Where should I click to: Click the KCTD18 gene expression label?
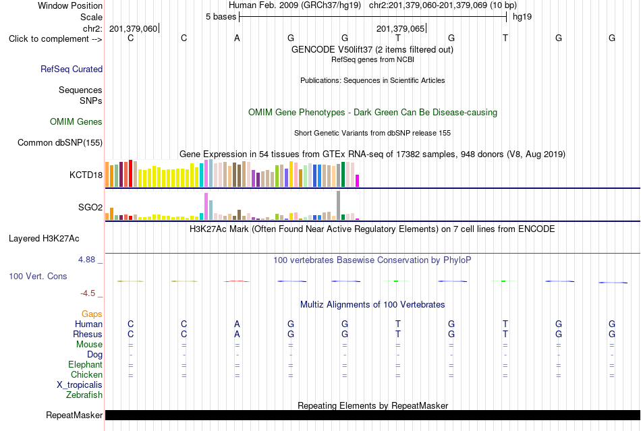click(86, 175)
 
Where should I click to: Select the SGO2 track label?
click(90, 207)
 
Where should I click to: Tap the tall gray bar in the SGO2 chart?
click(338, 206)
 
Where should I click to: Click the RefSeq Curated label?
click(72, 69)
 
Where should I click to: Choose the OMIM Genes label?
click(76, 121)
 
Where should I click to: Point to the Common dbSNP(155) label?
click(60, 142)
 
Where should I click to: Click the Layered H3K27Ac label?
click(44, 239)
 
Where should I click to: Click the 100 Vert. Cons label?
click(38, 276)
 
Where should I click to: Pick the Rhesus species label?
click(88, 334)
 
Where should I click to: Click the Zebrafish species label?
click(84, 395)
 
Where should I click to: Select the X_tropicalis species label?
click(80, 385)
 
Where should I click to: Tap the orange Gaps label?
click(92, 314)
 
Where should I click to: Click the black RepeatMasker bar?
click(373, 415)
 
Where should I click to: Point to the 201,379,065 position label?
click(400, 28)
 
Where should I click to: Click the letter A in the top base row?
click(237, 38)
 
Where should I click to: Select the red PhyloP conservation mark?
click(237, 281)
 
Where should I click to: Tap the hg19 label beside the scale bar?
click(522, 17)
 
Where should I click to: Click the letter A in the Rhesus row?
click(237, 334)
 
